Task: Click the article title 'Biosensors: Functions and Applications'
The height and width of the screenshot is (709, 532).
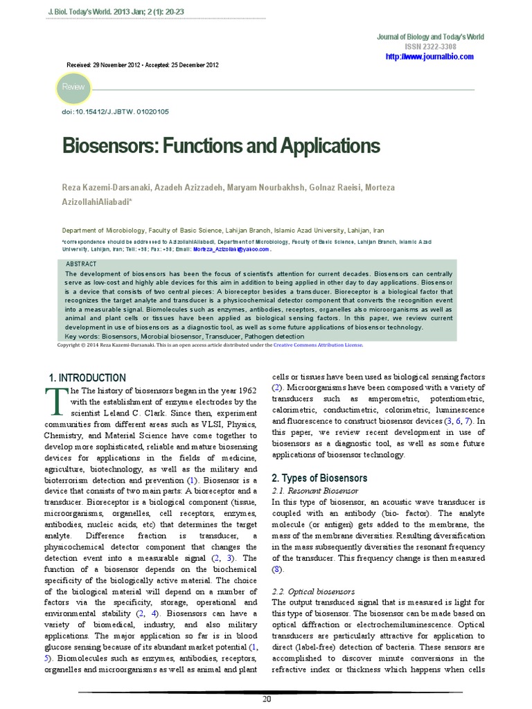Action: [x=221, y=146]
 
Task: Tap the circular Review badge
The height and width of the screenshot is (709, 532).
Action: [x=73, y=87]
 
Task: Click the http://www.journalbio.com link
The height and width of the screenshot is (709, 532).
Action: [x=429, y=56]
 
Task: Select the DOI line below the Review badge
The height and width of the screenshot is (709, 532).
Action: [x=115, y=111]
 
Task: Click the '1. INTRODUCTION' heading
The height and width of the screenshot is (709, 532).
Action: [x=87, y=378]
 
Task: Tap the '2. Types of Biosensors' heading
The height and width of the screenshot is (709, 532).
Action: [x=319, y=478]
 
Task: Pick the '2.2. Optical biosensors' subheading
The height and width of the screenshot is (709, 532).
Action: [x=313, y=592]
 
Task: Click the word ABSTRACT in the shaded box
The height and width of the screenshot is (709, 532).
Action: [x=81, y=264]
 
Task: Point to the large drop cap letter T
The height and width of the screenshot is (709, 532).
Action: [x=55, y=400]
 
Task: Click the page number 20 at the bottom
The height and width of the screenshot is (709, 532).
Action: [x=266, y=699]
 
